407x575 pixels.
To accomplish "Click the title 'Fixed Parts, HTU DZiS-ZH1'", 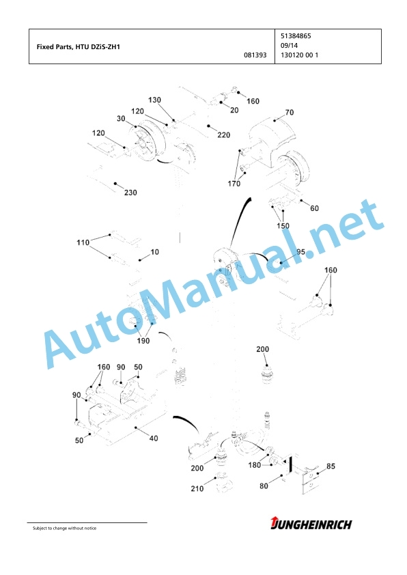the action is [78, 47].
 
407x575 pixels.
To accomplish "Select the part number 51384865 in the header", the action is [296, 36].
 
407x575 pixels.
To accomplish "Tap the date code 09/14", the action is [289, 46].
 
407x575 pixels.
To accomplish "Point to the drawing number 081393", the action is [255, 55].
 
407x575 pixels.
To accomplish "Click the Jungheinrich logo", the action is [311, 524].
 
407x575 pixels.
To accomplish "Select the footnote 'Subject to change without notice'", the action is [65, 528].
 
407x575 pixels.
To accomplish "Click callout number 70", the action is [290, 112].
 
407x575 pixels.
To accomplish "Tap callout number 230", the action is [130, 193].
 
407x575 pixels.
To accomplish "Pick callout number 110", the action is [83, 242].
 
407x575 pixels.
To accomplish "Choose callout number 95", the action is [300, 252].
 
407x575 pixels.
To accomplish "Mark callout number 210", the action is [197, 488].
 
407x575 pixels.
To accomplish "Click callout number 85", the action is [331, 466].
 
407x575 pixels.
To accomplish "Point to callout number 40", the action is [154, 438].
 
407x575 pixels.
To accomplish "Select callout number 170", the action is [234, 183].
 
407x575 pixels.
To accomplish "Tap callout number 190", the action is [143, 341].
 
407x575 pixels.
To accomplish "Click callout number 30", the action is [121, 118].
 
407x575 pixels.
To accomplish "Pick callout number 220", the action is [224, 135].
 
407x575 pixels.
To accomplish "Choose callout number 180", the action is [255, 465].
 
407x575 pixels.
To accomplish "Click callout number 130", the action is [154, 100].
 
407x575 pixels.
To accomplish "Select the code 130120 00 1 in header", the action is [299, 55].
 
